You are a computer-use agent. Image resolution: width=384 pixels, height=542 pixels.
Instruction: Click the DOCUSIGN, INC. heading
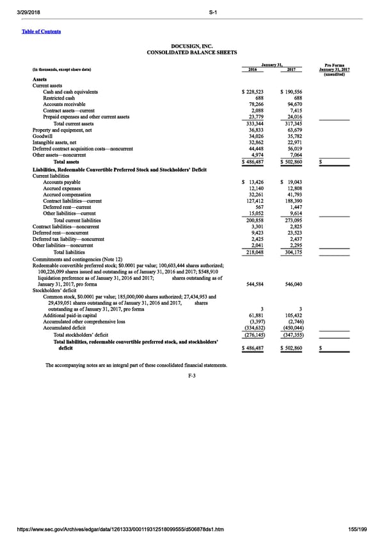point(191,46)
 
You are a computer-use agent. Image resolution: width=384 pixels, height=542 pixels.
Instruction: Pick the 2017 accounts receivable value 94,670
point(295,104)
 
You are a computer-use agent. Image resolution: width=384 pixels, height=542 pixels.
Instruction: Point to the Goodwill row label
point(42,135)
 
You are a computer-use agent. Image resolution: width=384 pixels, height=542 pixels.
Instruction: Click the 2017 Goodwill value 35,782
point(295,135)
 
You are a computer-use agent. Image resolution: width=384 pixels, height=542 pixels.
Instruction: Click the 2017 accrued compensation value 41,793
point(295,194)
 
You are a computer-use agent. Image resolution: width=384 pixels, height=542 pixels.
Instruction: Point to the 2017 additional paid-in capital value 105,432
point(294,316)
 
